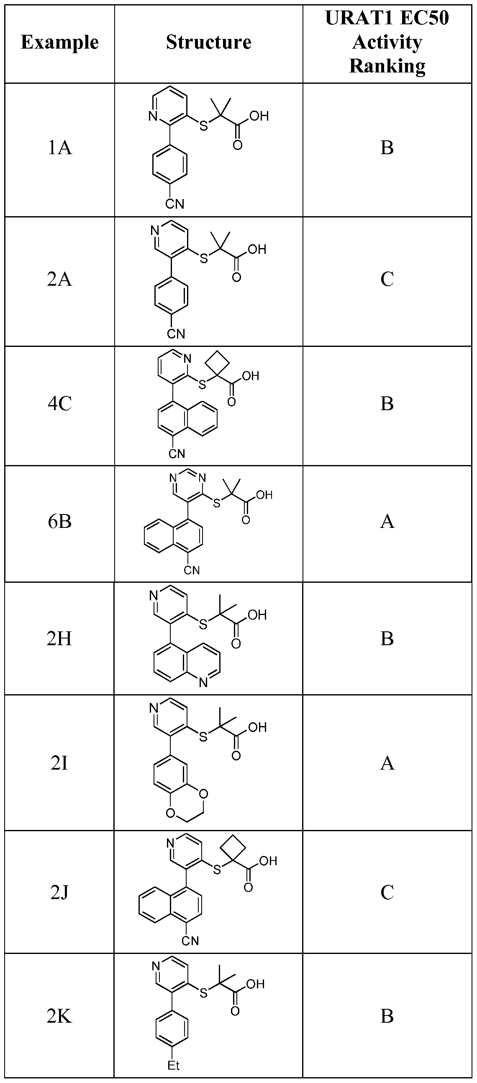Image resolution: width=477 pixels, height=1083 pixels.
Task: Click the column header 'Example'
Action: coord(59,42)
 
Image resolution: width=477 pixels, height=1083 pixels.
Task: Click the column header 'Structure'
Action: coord(209,42)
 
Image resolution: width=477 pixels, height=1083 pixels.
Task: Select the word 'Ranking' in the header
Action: coord(387,66)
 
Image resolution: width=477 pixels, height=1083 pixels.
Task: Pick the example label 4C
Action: coord(59,403)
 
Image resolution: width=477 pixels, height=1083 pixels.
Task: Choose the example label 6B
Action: coord(59,522)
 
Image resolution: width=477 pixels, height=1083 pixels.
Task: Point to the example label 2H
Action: coord(59,638)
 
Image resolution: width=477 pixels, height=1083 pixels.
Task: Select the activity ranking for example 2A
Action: coord(387,279)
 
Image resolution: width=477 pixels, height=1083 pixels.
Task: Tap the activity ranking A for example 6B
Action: coord(387,522)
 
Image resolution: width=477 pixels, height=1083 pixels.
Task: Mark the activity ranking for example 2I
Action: coord(387,762)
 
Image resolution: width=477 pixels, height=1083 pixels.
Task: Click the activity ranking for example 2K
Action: coord(387,1016)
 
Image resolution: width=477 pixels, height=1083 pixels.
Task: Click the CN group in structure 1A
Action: coord(174,204)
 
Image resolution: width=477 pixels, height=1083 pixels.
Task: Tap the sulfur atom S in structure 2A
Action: coord(204,258)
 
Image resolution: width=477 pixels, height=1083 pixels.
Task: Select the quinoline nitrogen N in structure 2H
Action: coord(203,683)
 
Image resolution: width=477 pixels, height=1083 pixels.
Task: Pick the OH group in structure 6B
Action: coord(264,495)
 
